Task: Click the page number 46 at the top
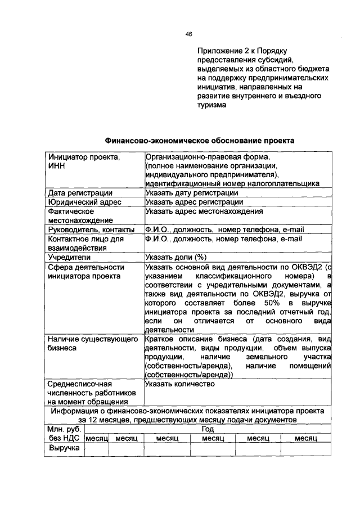[x=189, y=34]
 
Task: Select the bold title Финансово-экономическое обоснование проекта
[x=199, y=140]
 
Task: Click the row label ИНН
[x=56, y=166]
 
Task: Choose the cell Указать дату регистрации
[x=191, y=193]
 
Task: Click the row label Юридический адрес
[x=78, y=202]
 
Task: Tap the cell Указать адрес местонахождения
[x=204, y=211]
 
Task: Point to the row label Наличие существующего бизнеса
[x=93, y=344]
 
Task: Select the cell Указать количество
[x=180, y=384]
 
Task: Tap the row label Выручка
[x=64, y=448]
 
